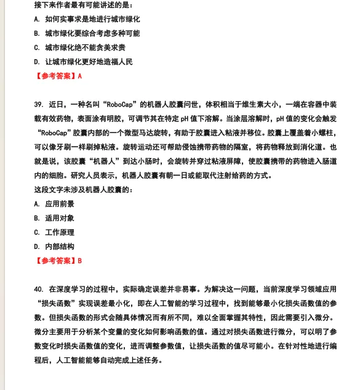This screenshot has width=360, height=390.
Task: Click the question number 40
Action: click(x=39, y=288)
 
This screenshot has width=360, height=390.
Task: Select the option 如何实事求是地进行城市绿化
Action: click(x=88, y=19)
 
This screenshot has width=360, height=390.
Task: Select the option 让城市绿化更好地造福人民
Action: click(x=88, y=62)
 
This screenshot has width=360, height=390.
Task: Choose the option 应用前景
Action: click(x=60, y=204)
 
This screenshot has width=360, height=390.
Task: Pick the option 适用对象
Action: click(x=60, y=218)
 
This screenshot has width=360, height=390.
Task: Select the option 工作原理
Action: click(x=60, y=232)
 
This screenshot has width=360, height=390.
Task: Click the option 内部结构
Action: click(x=60, y=246)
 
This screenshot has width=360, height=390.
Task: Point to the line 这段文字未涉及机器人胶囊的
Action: click(x=83, y=190)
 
